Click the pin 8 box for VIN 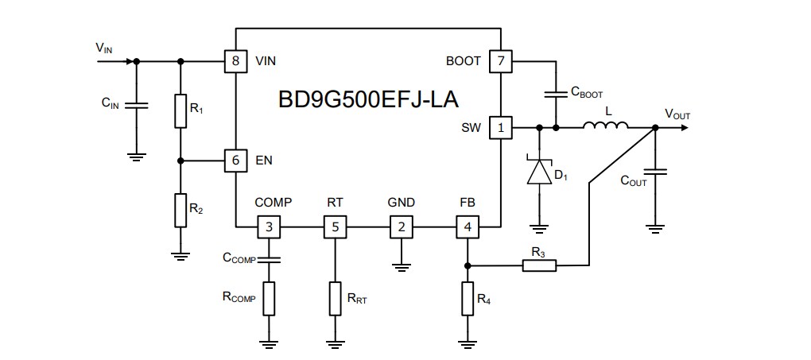(x=235, y=61)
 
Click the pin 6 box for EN (x=235, y=161)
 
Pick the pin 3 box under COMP (x=269, y=228)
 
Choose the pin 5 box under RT (x=335, y=228)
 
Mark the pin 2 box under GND (x=401, y=228)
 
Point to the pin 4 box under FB (x=467, y=228)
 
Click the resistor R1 (x=180, y=111)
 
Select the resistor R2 (x=180, y=210)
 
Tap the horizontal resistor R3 (x=539, y=265)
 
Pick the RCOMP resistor (x=269, y=299)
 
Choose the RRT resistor (x=335, y=299)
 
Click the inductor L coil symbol (x=606, y=125)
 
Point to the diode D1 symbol (x=540, y=172)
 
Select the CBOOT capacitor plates (x=556, y=94)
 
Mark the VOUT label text (x=677, y=115)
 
